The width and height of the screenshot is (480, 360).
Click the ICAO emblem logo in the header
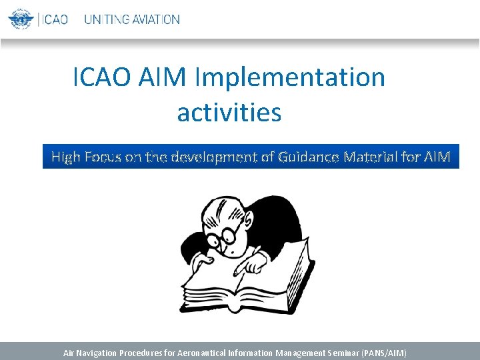point(21,19)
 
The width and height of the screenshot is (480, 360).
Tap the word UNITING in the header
point(106,19)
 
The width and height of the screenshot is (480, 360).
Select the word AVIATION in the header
point(155,19)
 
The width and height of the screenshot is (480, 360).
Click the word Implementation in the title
point(290,77)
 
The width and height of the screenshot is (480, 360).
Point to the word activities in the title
point(229,112)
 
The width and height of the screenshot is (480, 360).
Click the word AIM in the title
point(163,77)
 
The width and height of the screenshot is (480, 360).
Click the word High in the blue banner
point(66,157)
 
